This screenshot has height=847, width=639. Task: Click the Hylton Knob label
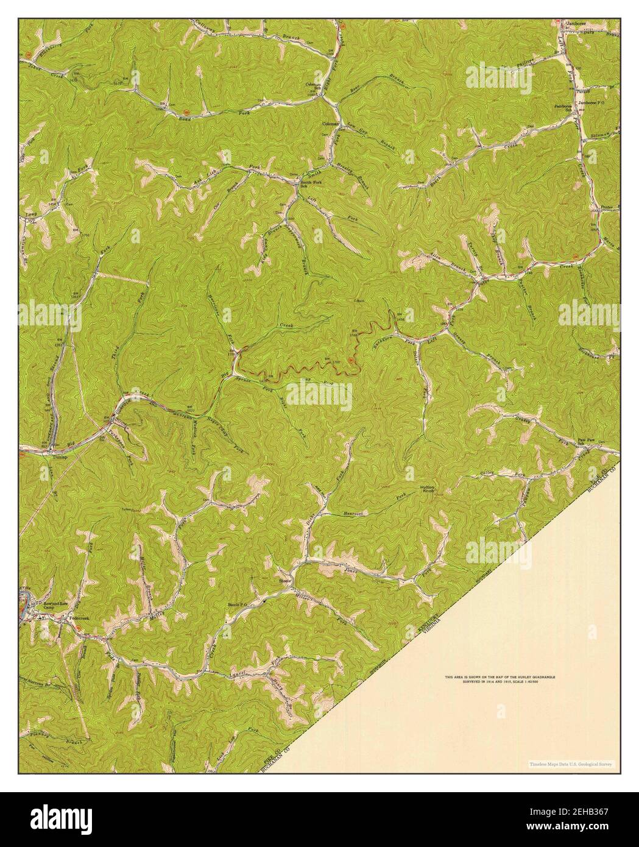coord(428,489)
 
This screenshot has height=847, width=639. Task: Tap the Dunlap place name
coord(59,456)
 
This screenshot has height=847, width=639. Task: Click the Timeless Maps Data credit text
coord(571,764)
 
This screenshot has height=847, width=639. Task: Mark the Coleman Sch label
coord(313,85)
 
